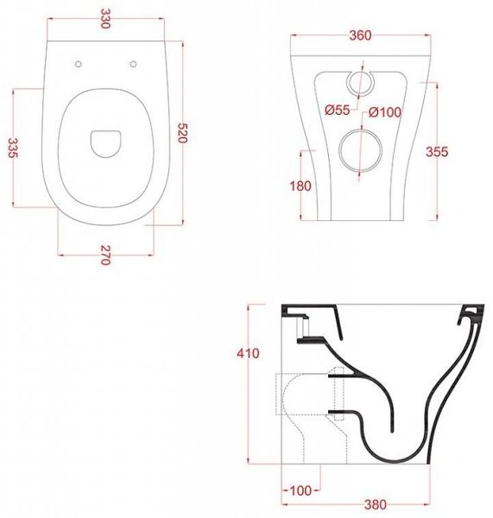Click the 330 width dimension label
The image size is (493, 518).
coord(105,18)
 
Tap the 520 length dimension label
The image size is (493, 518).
coord(183,133)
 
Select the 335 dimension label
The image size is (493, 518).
coord(13,148)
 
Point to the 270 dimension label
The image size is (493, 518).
coord(105,256)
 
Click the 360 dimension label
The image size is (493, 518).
coord(360,35)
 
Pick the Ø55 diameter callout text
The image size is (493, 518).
coord(337,110)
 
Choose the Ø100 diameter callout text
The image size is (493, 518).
coord(385,112)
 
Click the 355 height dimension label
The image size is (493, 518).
coord(437,152)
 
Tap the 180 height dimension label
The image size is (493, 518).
coord(300,186)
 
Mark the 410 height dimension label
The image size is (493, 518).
coord(248,353)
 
